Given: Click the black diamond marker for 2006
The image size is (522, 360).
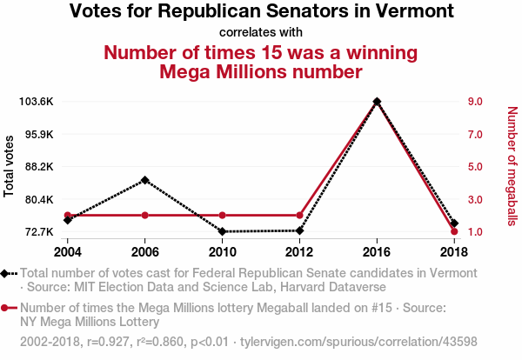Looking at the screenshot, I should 145,180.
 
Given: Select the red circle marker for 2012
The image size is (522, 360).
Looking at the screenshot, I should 299,215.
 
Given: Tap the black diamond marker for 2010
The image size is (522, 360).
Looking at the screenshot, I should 223,231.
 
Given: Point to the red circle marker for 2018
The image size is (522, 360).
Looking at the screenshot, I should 454,231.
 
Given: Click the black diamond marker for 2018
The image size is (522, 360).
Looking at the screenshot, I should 454,223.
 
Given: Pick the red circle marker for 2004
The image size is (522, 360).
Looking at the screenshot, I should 68,215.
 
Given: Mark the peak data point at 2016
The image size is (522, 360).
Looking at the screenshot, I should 377,102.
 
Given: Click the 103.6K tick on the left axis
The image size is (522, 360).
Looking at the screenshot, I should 37,102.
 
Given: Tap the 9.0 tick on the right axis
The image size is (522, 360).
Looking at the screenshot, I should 475,102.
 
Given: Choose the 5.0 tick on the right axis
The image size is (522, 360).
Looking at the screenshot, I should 475,167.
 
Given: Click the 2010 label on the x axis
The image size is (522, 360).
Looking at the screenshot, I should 223,252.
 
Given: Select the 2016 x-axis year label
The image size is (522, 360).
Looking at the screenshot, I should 377,252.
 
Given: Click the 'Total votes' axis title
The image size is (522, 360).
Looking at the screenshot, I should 10,166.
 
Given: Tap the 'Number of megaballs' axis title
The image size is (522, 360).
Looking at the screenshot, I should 511,166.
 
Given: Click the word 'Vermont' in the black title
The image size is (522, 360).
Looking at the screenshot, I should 412,12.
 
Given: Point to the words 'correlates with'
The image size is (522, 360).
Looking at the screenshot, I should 261,32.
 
